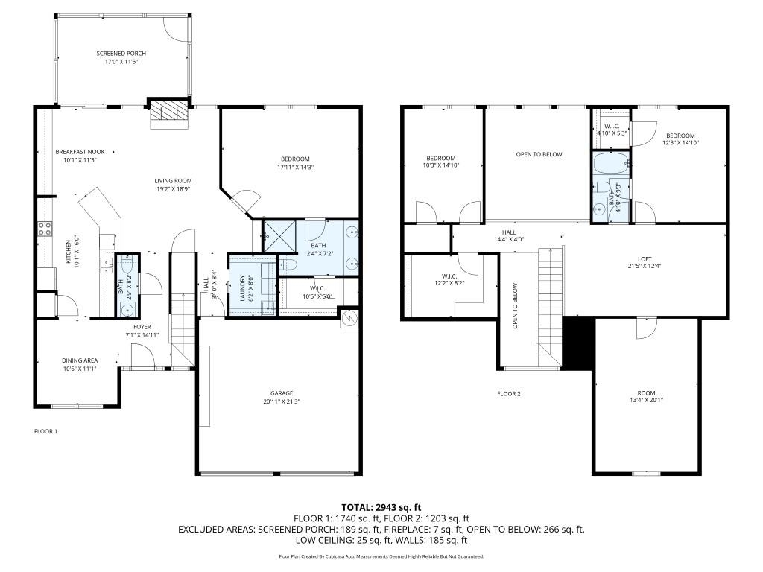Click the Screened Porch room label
tap(121, 54)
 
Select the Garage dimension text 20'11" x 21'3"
tap(282, 401)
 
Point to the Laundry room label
tap(242, 287)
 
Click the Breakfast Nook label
tap(80, 151)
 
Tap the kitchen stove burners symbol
tap(45, 229)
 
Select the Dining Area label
tap(80, 360)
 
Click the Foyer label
tap(142, 326)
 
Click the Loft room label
tap(645, 258)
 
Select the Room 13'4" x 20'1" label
tap(646, 396)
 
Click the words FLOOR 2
tap(509, 393)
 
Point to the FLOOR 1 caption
tap(45, 431)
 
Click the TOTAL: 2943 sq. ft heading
tap(381, 506)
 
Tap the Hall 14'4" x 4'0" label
tap(509, 235)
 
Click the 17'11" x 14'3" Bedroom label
tap(295, 163)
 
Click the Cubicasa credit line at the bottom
tap(381, 556)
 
